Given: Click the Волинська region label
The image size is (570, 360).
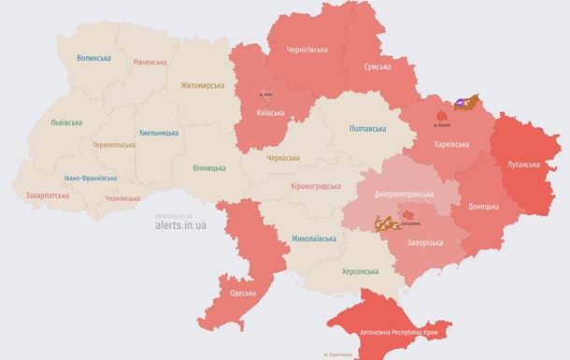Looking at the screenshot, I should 93,58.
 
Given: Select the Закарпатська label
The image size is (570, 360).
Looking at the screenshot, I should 47,196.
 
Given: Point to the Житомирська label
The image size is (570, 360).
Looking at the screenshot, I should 203,85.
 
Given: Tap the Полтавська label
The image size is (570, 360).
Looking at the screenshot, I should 367,129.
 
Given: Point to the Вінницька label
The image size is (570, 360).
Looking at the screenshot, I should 207,168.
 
